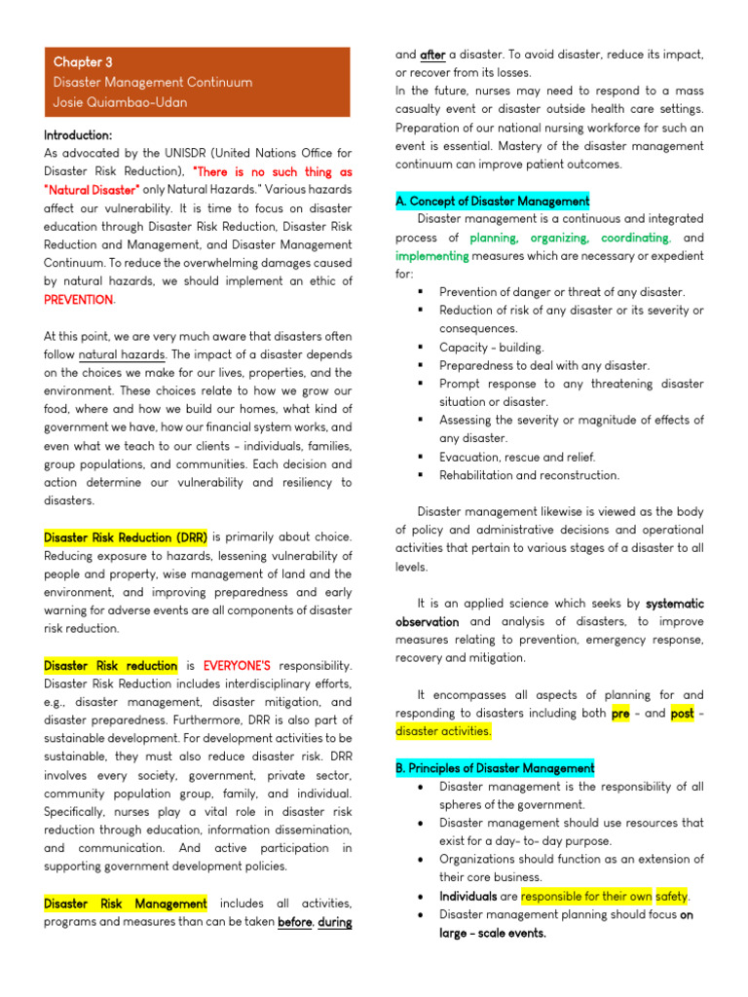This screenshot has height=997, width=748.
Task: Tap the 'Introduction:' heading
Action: click(78, 134)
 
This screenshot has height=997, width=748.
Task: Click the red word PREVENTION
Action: click(78, 300)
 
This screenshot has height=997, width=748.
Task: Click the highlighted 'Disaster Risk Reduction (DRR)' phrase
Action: click(126, 536)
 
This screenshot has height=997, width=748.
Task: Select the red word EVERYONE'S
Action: click(237, 666)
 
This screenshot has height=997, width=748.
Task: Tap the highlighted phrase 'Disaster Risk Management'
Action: click(126, 905)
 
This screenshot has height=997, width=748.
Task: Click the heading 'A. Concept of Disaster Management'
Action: click(492, 202)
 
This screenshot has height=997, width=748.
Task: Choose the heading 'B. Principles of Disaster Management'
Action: click(495, 768)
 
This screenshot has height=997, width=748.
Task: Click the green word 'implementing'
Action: click(432, 256)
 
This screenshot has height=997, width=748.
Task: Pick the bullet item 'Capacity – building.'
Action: click(491, 348)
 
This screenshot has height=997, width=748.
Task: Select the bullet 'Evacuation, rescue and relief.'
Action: click(517, 457)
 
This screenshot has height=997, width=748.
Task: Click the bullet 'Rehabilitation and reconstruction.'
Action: click(529, 475)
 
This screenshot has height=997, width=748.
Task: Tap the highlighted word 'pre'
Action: click(620, 713)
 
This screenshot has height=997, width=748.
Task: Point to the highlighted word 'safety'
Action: click(671, 896)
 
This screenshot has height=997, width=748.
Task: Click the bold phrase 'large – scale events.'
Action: click(492, 933)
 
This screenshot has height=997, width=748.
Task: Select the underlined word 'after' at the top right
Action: click(432, 55)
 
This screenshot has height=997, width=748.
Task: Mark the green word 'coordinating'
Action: click(635, 238)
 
